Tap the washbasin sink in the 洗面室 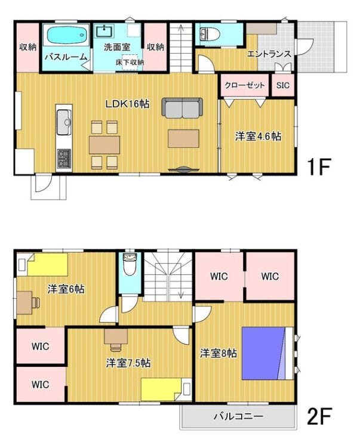(104, 31)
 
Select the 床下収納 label (130, 62)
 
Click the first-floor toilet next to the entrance (210, 34)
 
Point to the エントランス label (269, 54)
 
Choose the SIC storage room (282, 85)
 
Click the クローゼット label (244, 85)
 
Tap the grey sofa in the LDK (182, 108)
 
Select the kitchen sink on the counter (64, 122)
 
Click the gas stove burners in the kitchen (64, 158)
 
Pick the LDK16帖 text (127, 104)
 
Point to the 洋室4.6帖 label (258, 136)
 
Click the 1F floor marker (319, 167)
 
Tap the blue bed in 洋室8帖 (264, 353)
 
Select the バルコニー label (238, 416)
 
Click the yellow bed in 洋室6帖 (48, 264)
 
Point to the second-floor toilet (130, 264)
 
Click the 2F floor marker (319, 416)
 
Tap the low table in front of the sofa (183, 138)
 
